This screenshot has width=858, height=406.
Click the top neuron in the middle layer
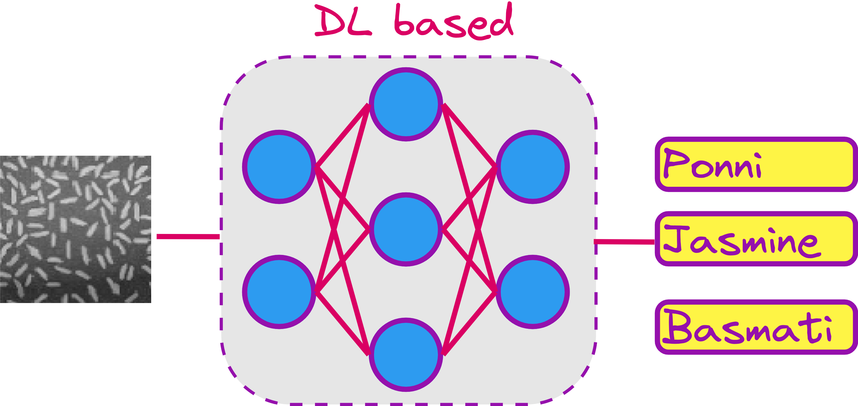(x=406, y=104)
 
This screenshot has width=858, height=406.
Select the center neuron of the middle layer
(x=406, y=229)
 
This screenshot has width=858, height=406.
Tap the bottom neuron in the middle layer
(x=406, y=354)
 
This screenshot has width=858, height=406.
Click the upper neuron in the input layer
(x=279, y=167)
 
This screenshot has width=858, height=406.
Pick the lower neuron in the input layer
(x=279, y=292)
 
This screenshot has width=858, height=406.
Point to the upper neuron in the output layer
(x=532, y=167)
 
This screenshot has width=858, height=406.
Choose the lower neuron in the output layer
(x=532, y=292)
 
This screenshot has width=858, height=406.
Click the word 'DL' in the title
(x=343, y=22)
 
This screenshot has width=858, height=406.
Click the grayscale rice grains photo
(x=75, y=229)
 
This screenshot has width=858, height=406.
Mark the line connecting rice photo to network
(x=188, y=237)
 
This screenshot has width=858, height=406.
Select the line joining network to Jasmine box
(x=625, y=242)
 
